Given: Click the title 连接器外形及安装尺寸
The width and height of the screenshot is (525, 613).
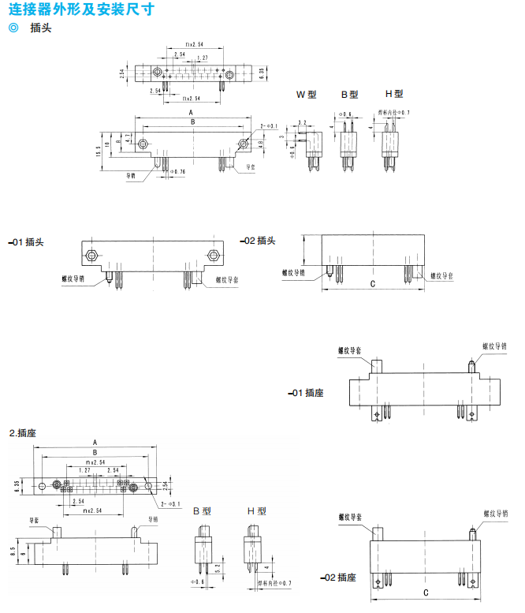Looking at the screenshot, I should pyautogui.click(x=81, y=9).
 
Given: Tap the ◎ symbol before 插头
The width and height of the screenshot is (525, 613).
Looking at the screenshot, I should pyautogui.click(x=12, y=29).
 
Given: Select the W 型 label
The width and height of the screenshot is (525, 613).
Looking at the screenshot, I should pyautogui.click(x=306, y=94).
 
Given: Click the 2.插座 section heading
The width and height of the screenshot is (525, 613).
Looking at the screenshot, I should pyautogui.click(x=23, y=433).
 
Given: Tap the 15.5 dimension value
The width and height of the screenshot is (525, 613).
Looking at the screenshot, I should pyautogui.click(x=99, y=151).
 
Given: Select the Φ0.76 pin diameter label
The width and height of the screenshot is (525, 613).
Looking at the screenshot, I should pyautogui.click(x=177, y=171).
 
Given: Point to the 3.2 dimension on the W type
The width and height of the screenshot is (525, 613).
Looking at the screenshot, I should pyautogui.click(x=303, y=123).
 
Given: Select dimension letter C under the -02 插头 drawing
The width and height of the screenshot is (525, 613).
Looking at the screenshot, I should pyautogui.click(x=371, y=284).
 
